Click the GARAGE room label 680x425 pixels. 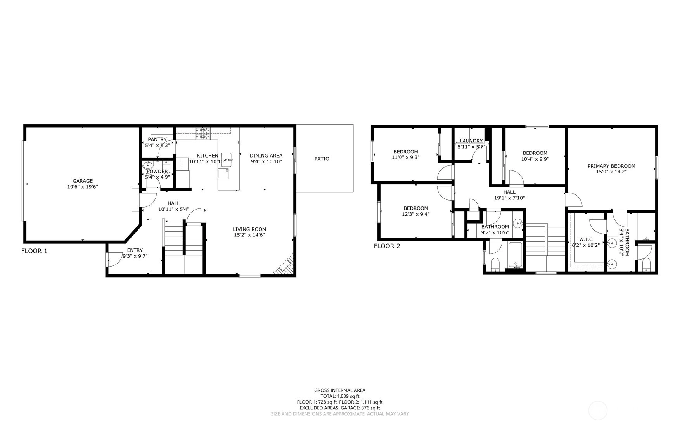coord(83,181)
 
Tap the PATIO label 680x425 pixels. coord(322,159)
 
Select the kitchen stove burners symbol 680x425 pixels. coord(202,134)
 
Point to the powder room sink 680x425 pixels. coord(149,165)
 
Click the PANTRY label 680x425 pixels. coord(157,139)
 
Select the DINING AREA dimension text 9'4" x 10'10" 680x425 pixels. coord(266,161)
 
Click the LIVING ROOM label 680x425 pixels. coord(249,229)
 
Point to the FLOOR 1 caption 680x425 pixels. coord(34,251)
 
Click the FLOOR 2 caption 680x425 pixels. coord(387,246)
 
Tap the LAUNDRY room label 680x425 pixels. coord(471,141)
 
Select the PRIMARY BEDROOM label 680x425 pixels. coord(611,166)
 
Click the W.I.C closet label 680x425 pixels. coord(586,239)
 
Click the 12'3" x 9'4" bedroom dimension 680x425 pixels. coord(416,214)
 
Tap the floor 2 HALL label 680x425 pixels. coord(509,192)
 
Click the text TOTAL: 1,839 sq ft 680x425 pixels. coord(340,396)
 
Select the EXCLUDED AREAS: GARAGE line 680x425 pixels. coord(340,408)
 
